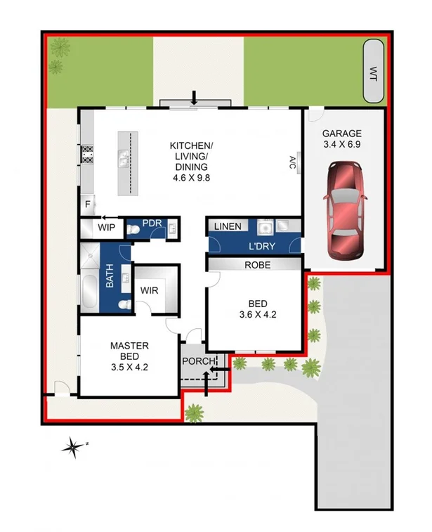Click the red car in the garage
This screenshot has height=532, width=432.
coord(344,209)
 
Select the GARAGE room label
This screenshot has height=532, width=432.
coord(342,134)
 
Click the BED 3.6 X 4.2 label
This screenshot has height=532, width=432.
coord(257,309)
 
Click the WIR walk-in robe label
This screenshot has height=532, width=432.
coord(149,290)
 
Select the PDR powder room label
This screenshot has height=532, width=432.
coord(152,223)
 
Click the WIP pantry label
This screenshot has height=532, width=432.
coord(106,228)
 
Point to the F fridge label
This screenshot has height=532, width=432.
coord(88,205)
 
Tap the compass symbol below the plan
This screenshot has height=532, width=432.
coord(72,446)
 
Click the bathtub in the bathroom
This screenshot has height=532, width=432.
coord(89,294)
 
